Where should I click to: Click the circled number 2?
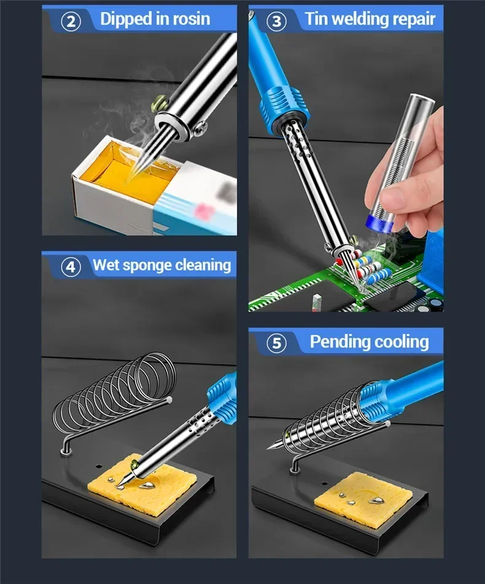71,21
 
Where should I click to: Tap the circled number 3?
276,21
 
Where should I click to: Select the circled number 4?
71,267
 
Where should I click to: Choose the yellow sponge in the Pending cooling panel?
363,499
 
